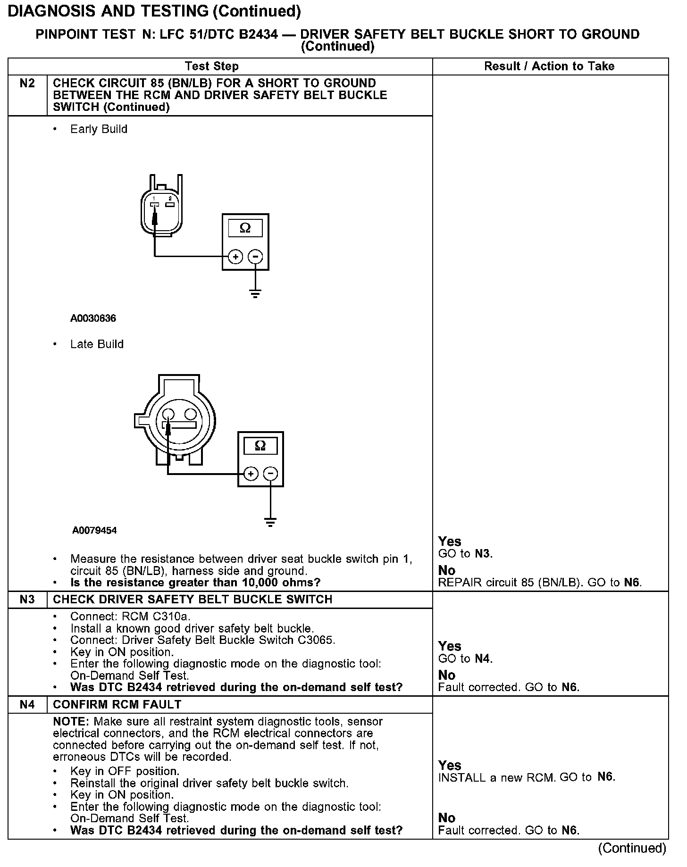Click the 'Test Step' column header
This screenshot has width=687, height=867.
pos(212,67)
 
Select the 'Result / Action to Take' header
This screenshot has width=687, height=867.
pos(549,67)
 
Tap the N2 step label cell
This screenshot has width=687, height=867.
pos(27,83)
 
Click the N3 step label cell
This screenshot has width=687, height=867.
pos(27,600)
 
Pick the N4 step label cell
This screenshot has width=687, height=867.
pos(27,704)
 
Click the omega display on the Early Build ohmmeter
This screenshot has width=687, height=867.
pos(245,228)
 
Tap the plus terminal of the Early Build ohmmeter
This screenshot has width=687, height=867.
pos(235,257)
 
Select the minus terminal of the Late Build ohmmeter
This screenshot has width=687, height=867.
pos(270,474)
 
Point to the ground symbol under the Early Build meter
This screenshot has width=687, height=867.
pos(255,295)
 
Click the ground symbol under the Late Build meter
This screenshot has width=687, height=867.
pos(270,522)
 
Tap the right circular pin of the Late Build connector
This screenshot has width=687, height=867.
pos(191,414)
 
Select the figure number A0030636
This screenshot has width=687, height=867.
pos(93,318)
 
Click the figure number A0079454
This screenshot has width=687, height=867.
pos(94,530)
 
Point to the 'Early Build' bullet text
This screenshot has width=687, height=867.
pos(99,129)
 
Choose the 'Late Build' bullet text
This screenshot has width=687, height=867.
pos(97,344)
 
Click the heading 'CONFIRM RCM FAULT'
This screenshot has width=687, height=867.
pos(117,704)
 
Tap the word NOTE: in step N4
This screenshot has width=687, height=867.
pos(72,722)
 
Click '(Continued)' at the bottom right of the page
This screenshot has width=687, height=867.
pos(632,848)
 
